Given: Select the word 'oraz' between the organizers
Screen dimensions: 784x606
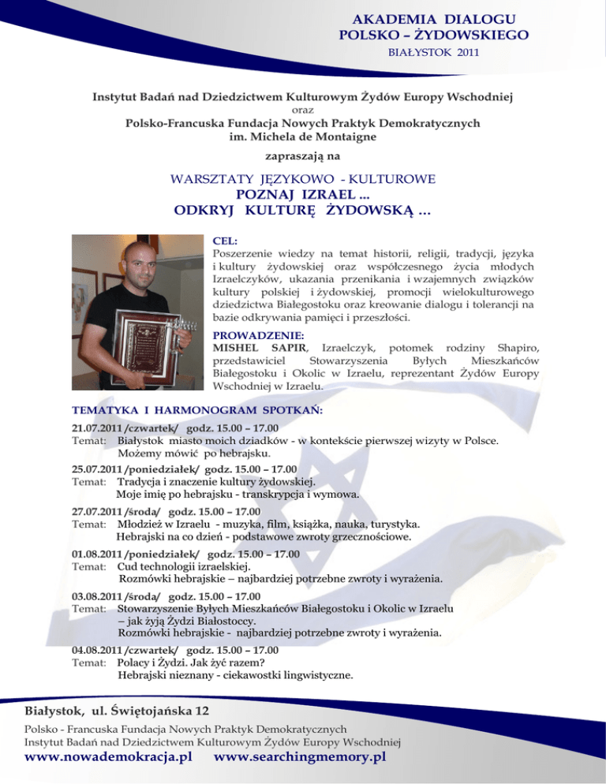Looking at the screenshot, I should [x=303, y=110].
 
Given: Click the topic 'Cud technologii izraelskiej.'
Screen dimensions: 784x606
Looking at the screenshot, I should [x=184, y=566].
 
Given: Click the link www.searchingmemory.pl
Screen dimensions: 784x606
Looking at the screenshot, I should [x=300, y=758].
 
